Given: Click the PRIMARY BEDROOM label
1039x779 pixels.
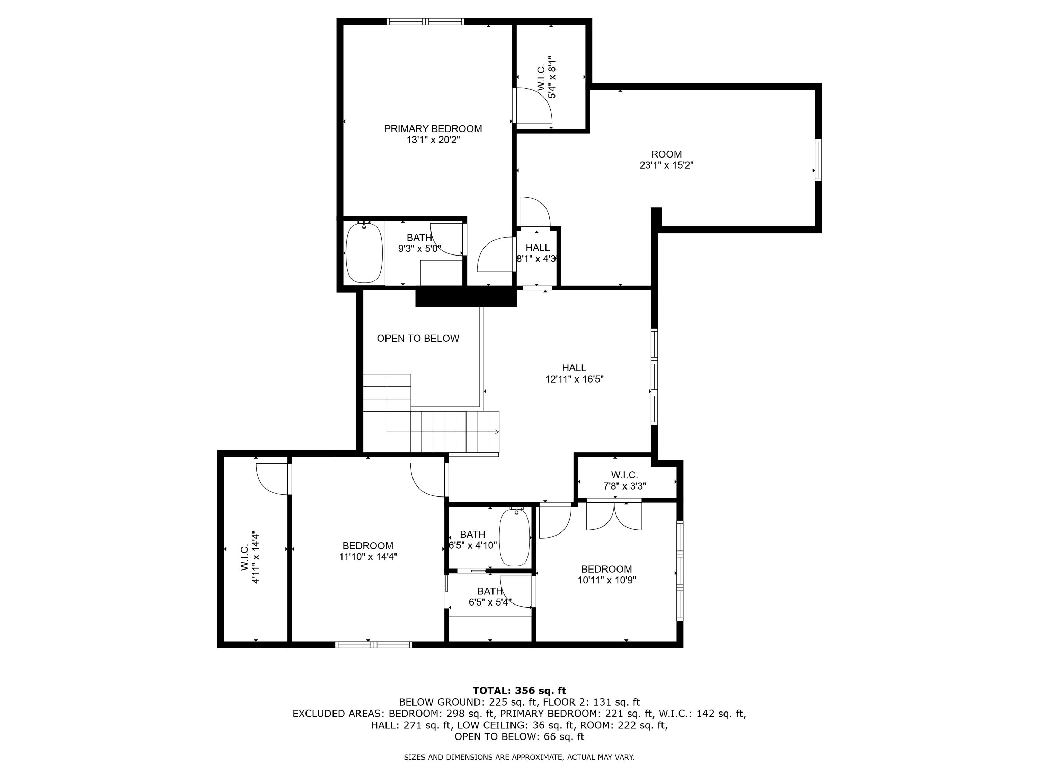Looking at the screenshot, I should pos(433,129).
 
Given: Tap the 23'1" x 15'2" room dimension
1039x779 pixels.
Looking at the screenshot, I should pos(666,165).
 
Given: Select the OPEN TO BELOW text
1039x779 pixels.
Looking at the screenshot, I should pos(418,338).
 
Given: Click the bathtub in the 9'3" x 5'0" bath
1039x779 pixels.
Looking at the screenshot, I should pos(364,253).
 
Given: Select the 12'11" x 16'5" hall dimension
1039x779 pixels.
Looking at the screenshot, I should pos(574,379).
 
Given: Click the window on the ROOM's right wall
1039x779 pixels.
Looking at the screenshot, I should pos(818,160).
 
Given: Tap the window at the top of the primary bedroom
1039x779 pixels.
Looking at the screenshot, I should pos(425,21).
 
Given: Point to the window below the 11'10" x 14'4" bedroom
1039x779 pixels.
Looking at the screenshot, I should pos(374,644).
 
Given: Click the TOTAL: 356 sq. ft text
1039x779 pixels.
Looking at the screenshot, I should pos(519,690).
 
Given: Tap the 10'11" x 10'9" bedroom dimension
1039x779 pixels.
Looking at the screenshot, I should pos(606,580).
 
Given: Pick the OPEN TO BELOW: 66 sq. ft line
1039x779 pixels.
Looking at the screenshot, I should pos(519,736).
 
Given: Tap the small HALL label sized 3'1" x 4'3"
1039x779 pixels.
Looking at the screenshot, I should pos(538,248).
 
